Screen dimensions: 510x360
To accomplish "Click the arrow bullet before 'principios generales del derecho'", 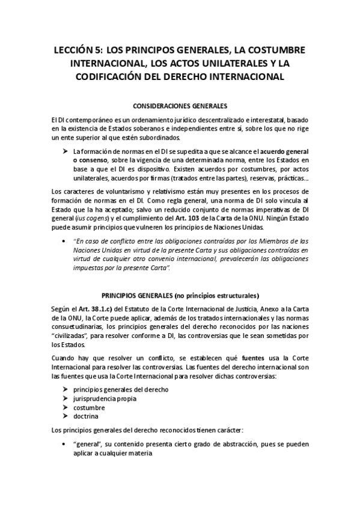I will pyautogui.click(x=66, y=389).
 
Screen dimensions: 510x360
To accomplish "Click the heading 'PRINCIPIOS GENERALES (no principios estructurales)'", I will pyautogui.click(x=180, y=295).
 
